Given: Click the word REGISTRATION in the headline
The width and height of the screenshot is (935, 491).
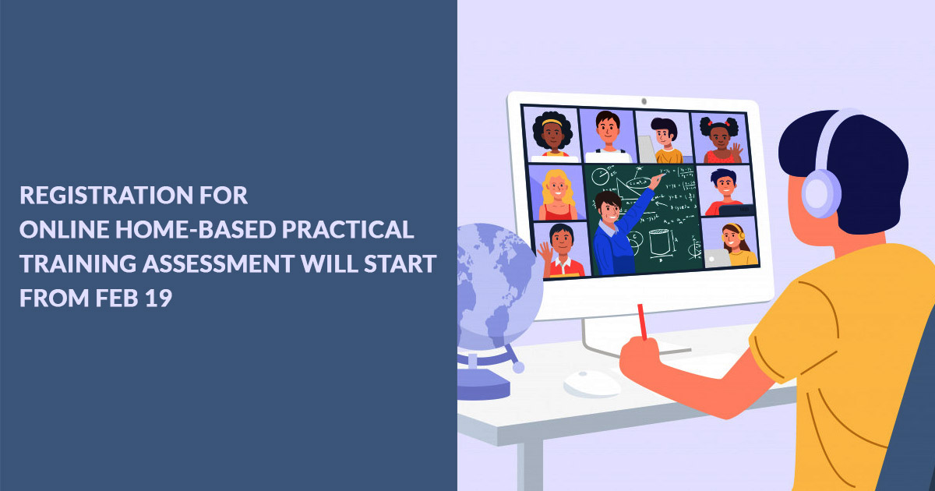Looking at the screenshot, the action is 107,195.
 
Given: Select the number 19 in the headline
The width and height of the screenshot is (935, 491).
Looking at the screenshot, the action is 158,298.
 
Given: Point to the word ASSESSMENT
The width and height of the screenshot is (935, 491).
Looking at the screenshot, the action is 218,264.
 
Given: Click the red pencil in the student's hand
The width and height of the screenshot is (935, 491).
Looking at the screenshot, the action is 642,322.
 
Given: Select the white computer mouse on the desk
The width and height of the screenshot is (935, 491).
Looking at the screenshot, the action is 592,383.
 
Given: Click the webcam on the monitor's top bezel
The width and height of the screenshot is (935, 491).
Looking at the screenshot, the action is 644,101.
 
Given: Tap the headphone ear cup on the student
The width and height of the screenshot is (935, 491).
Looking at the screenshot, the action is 821,193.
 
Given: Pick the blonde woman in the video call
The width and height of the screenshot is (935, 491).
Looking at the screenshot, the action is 557,195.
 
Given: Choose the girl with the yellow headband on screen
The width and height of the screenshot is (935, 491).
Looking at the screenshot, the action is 552,134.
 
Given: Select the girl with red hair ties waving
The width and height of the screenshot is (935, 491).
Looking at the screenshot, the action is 721,140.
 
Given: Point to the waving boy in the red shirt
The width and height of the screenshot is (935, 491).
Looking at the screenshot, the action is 561,250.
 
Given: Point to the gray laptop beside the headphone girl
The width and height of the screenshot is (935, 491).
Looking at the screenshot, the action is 718,259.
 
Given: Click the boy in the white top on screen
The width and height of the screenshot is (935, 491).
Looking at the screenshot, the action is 608,136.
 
